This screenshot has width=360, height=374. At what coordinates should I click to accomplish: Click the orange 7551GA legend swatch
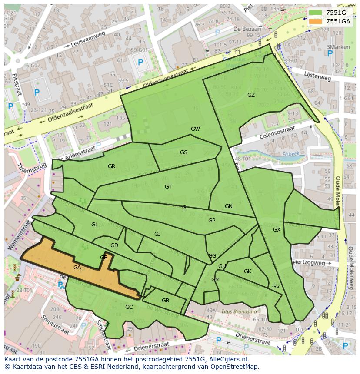[x=316, y=21]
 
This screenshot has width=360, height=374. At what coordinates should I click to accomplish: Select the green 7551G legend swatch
[x=316, y=13]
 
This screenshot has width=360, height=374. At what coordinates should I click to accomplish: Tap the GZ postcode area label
[x=251, y=95]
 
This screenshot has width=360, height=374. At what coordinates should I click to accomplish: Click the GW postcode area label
[x=195, y=129]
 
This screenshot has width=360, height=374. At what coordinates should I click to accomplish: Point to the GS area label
[x=183, y=152]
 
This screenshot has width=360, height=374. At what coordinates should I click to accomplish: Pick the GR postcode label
[x=111, y=166]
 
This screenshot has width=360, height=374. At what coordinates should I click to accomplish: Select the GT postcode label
[x=168, y=187]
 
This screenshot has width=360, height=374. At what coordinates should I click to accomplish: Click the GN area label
[x=229, y=206]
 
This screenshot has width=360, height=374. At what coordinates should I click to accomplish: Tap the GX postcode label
[x=277, y=230]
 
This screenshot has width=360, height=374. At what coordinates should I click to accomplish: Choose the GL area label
[x=94, y=225]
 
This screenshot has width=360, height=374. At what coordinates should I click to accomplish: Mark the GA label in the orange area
[x=77, y=268]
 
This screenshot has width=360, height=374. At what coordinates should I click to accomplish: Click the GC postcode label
[x=129, y=307]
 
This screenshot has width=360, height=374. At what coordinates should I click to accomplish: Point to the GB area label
[x=165, y=301]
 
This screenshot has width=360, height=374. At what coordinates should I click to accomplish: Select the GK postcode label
[x=247, y=271]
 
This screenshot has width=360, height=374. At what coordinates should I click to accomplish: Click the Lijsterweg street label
[x=318, y=76]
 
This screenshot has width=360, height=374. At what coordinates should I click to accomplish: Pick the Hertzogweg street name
[x=309, y=263]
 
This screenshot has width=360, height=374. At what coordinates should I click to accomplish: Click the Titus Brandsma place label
[x=239, y=311]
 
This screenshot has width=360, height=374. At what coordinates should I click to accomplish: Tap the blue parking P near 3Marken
[x=330, y=54]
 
